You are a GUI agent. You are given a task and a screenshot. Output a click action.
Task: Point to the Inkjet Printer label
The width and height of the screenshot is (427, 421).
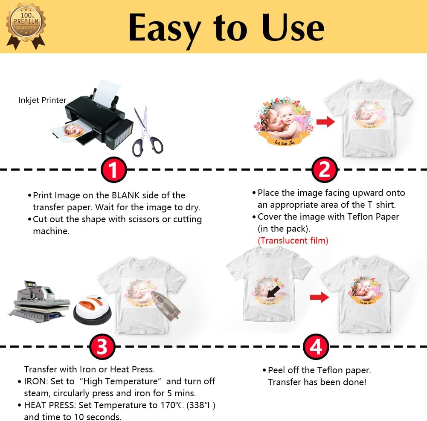point(42,100)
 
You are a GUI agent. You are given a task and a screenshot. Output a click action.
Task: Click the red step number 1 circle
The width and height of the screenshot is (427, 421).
point(113,170)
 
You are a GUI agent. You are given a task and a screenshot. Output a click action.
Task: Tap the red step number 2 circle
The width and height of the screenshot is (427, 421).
point(325,170)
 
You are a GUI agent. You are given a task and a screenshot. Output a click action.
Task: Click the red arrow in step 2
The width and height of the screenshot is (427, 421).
point(325,122)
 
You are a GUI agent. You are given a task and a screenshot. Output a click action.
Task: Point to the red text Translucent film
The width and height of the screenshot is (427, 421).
point(293,241)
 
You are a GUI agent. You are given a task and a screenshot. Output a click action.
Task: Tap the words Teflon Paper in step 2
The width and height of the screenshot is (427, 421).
point(375,217)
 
